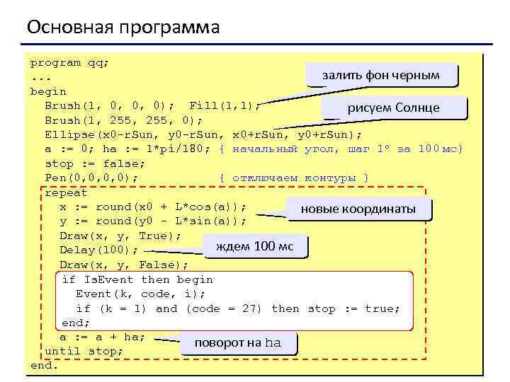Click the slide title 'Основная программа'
point(123,28)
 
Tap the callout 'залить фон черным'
point(380,75)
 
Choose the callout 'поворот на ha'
point(238,342)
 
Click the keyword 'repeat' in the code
point(66,192)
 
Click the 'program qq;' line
point(69,62)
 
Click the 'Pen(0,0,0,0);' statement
point(91,178)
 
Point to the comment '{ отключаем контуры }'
point(294,178)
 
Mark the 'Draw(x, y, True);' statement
point(120,236)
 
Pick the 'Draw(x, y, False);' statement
point(124,265)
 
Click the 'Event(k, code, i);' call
point(140,294)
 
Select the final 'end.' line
point(44,366)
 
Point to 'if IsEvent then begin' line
point(137,279)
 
